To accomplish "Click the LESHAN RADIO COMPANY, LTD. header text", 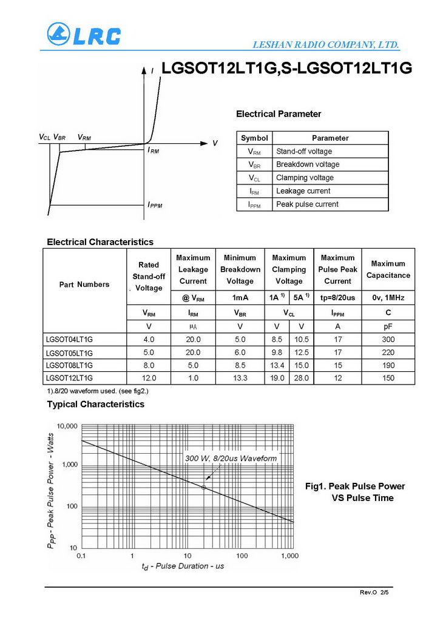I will [325, 45].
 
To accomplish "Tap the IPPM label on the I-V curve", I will [155, 205].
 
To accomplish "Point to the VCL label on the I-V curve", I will [44, 138].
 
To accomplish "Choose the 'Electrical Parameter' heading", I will [279, 114].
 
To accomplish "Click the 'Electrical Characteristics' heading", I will [100, 242].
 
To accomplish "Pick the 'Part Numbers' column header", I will [84, 284].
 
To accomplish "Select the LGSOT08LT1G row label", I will [69, 365].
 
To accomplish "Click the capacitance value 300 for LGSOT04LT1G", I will [388, 339].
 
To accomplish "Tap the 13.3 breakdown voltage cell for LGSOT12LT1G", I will [240, 378].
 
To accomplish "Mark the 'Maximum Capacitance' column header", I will [388, 269].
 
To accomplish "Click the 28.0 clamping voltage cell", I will [301, 378].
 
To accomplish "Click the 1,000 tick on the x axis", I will [289, 556].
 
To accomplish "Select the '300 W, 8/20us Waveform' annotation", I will [231, 458].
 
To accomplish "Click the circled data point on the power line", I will [204, 487].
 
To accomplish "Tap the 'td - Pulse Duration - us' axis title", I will [183, 566].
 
